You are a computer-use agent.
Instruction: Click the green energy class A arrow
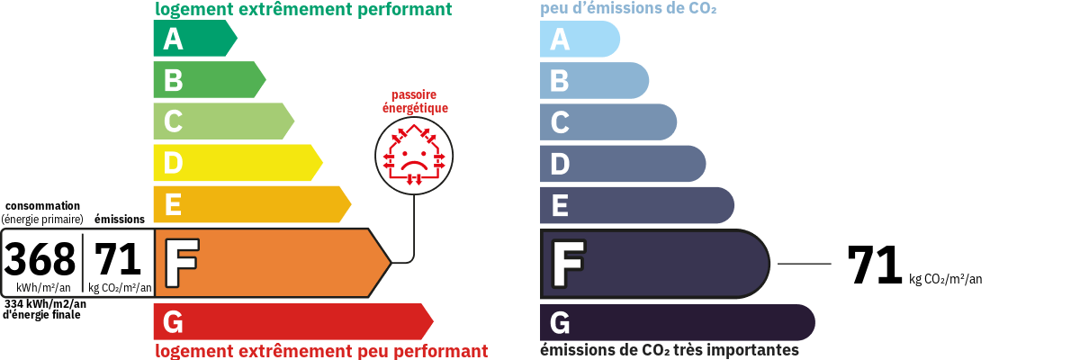[195, 38]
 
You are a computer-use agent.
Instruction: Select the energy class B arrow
[210, 79]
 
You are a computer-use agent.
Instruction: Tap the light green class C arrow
[224, 121]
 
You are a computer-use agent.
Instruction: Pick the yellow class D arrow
[238, 162]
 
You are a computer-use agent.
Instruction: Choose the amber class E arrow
[252, 204]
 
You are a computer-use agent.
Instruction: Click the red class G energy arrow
[293, 321]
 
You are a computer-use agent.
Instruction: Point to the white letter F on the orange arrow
[182, 263]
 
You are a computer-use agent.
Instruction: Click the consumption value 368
[40, 259]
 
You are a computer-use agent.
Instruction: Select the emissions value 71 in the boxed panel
[117, 259]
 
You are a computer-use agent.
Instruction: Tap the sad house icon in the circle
[414, 155]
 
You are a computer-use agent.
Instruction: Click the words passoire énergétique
[415, 101]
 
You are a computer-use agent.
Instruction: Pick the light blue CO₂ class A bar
[580, 39]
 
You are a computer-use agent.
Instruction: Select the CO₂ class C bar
[608, 121]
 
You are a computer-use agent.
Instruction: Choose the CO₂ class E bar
[637, 205]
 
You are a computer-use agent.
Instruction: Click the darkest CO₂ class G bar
[678, 322]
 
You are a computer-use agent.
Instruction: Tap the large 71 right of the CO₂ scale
[874, 265]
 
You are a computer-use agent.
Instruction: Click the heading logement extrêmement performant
[303, 9]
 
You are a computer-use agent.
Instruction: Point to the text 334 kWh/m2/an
[45, 304]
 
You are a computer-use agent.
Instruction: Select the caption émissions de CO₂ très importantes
[670, 349]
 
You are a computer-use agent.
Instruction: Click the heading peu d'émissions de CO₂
[628, 8]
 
